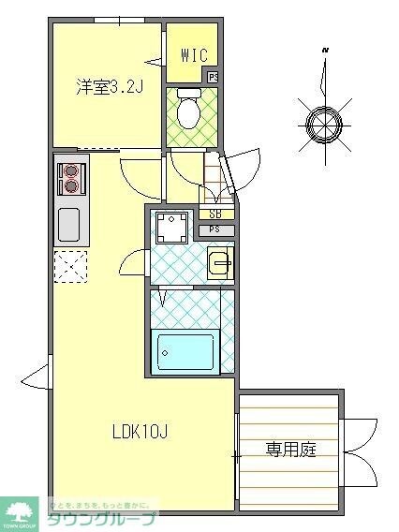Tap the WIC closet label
point(194,55)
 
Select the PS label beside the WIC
point(214,77)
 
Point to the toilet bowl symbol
point(188,111)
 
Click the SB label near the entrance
point(215,214)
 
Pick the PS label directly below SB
point(215,229)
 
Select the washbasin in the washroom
point(220,263)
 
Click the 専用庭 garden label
point(289,450)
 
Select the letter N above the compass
point(324,49)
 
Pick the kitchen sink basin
point(69,225)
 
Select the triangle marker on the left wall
point(35,377)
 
